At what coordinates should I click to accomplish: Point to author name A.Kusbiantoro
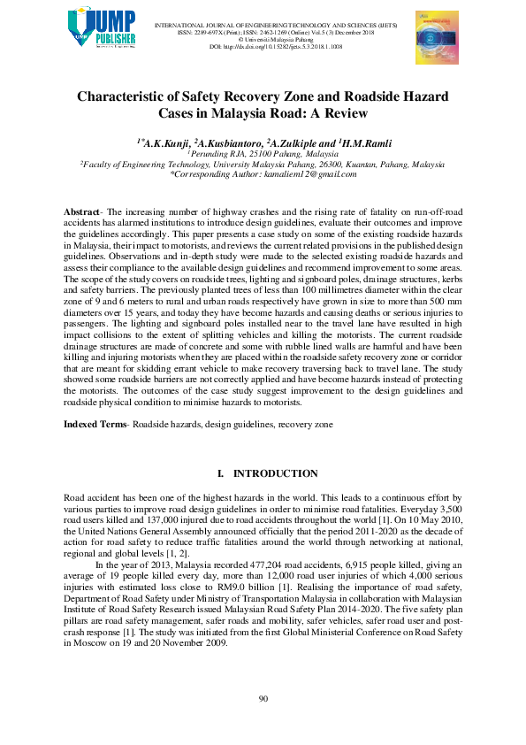230,142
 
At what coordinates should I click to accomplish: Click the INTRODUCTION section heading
274,474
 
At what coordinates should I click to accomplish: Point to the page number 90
263,700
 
